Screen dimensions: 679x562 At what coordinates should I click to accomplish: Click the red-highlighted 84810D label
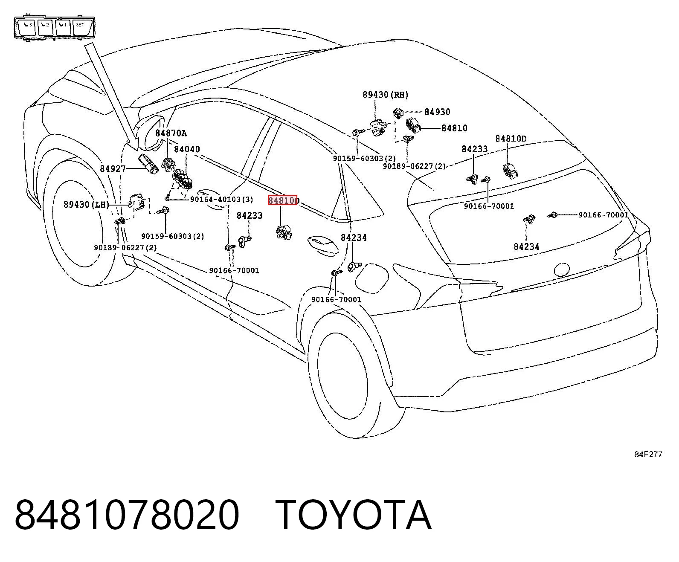(283, 200)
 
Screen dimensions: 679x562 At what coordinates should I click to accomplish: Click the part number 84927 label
(113, 168)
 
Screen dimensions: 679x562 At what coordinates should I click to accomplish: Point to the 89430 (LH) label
(86, 205)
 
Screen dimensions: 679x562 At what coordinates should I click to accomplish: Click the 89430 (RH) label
(386, 95)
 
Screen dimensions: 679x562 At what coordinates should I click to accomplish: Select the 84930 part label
(437, 112)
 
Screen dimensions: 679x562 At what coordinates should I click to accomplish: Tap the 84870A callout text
(171, 133)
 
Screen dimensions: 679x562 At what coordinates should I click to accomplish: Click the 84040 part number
(187, 149)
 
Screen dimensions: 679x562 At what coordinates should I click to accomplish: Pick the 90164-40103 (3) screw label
(221, 200)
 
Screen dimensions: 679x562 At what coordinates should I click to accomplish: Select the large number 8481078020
(127, 516)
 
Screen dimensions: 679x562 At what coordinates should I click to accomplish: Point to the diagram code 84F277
(648, 455)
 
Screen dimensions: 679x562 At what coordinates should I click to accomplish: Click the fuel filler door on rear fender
(372, 278)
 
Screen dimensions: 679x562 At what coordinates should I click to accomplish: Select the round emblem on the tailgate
(562, 269)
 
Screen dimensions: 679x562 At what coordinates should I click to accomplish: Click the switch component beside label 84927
(148, 164)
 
